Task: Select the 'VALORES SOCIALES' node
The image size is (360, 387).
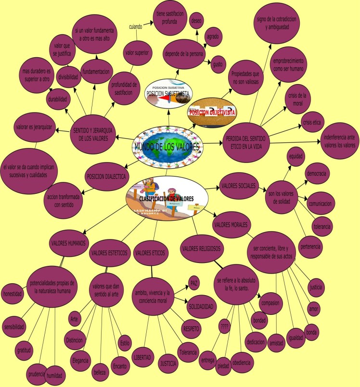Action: point(238,186)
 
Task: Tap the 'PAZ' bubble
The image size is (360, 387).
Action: point(194,282)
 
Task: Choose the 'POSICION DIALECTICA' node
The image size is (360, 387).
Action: point(106,176)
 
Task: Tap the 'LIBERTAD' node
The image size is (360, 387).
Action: point(142,358)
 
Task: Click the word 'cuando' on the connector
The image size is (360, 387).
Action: point(135,27)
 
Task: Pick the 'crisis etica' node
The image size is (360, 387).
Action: point(311,123)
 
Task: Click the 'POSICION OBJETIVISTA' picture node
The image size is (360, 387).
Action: point(211,112)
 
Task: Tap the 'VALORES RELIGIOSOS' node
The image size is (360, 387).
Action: point(202,249)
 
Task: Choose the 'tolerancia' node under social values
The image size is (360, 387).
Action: point(322,226)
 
